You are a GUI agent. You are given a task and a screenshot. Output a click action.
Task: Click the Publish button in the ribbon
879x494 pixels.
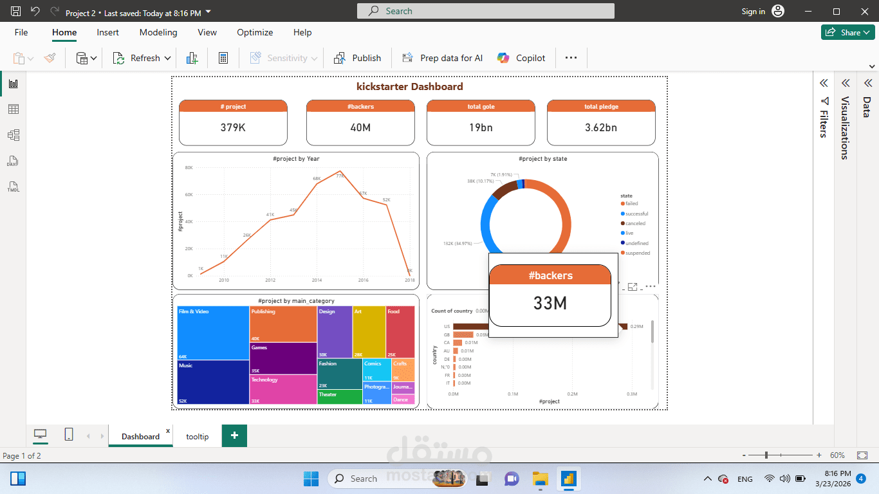(358, 58)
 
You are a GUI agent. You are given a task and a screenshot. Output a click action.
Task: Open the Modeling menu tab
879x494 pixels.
(158, 32)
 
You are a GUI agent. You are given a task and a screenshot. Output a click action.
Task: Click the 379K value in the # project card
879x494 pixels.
(233, 127)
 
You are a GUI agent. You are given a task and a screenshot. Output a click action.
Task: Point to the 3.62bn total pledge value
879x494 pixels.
(601, 127)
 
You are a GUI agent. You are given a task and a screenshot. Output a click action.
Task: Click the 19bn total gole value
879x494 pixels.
(481, 127)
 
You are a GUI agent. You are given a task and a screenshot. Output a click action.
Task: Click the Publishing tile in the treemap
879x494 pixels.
(283, 324)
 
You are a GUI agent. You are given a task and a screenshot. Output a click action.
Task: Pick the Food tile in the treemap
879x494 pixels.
(400, 332)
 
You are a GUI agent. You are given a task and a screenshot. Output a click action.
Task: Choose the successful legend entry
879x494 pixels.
(636, 214)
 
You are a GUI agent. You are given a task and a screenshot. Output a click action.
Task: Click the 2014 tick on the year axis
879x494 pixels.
(317, 280)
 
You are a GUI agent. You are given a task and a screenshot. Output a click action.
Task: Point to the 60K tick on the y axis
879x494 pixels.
(189, 194)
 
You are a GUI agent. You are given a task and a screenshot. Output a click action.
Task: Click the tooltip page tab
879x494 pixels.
(198, 436)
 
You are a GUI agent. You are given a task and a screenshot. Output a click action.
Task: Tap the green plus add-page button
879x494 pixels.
(234, 435)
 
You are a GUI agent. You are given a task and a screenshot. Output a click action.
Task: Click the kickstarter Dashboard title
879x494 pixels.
(410, 87)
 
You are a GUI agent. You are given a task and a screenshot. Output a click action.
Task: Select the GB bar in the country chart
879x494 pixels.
(463, 334)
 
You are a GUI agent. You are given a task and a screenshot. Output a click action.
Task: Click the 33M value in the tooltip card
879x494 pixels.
(550, 303)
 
